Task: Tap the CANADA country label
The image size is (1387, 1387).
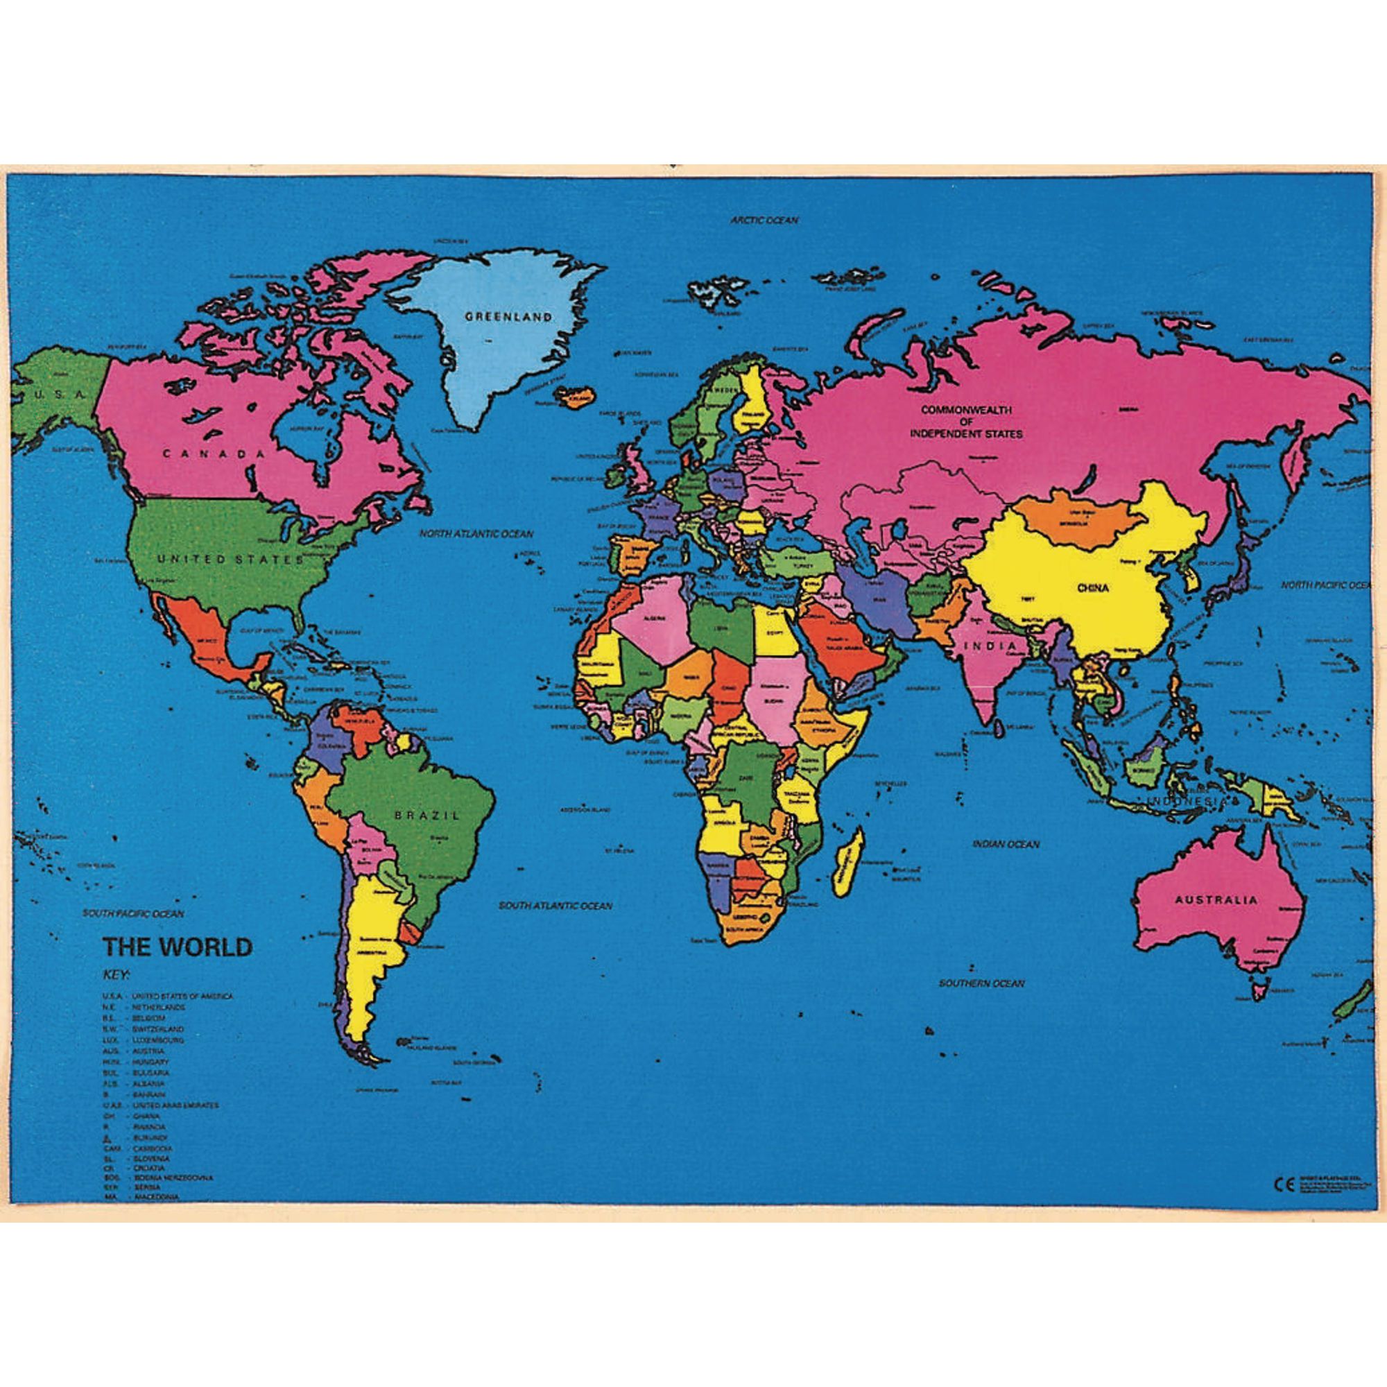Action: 213,454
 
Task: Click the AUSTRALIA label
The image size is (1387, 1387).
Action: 1216,899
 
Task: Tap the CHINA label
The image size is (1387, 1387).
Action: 1093,588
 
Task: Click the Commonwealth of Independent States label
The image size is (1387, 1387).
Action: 966,422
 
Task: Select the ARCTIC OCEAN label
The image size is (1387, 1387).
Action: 764,221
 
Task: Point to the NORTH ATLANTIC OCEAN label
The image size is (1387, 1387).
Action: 476,534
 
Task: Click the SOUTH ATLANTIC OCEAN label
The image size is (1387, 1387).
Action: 555,906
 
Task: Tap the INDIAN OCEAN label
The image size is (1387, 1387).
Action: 1006,844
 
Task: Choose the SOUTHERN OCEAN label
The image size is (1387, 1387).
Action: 981,983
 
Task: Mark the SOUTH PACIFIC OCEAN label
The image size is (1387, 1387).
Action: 133,914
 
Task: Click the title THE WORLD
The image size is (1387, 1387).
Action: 177,947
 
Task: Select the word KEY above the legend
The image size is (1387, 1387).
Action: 116,975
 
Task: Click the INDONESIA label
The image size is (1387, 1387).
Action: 1188,800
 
